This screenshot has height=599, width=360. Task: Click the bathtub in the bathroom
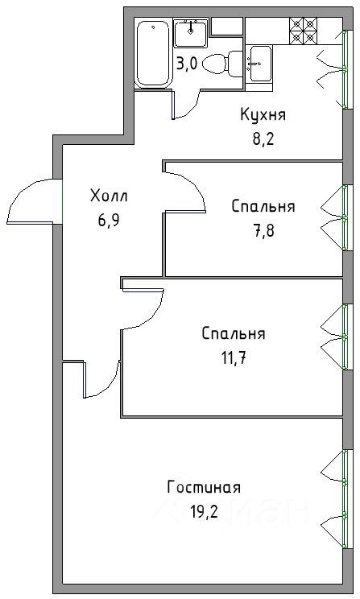[x=153, y=54]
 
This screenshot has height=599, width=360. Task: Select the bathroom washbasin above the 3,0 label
[x=190, y=33]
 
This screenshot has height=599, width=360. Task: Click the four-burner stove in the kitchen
[x=304, y=30]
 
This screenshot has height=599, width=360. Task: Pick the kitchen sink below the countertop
[x=260, y=64]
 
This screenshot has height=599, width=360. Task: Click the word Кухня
[x=263, y=114]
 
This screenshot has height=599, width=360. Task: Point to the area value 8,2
[x=263, y=140]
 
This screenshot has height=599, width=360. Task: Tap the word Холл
[x=109, y=196]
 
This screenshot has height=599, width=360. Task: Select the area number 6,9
[x=109, y=221]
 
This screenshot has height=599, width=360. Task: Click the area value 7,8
[x=263, y=231]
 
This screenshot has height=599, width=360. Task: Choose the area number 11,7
[x=233, y=359]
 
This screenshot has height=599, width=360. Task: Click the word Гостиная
[x=204, y=487]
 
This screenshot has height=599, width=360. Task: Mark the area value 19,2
[x=204, y=511]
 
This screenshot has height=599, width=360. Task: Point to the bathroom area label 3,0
[x=187, y=64]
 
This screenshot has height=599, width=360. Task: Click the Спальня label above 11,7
[x=233, y=333]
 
